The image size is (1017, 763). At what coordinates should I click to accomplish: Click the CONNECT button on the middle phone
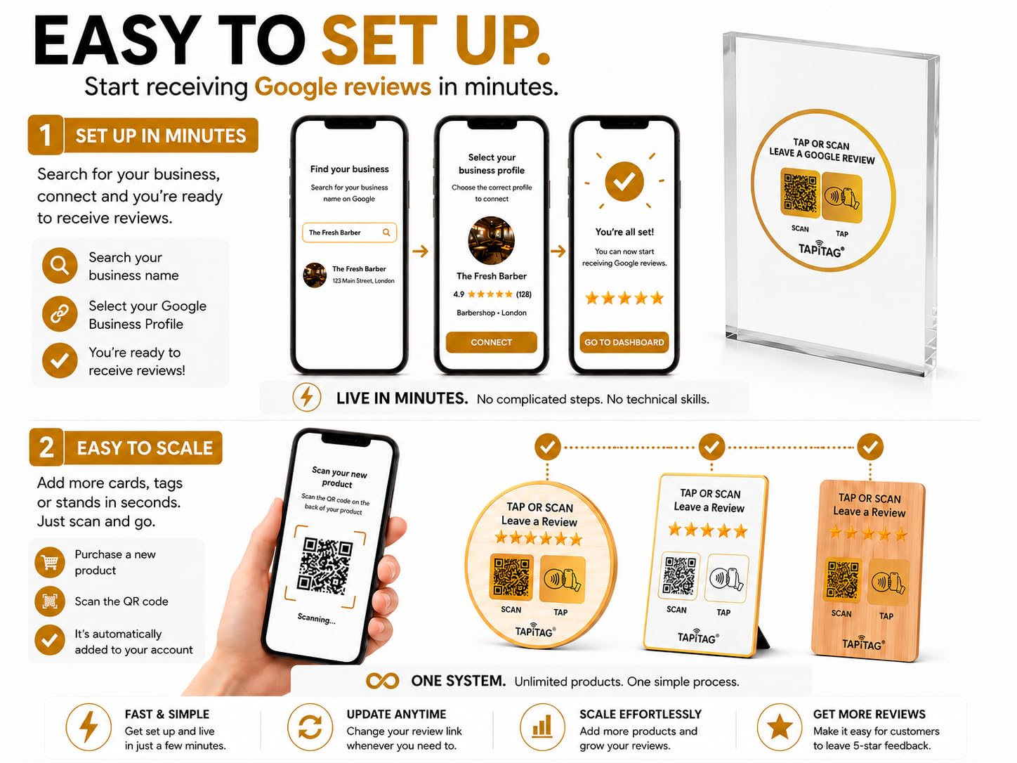[x=491, y=342]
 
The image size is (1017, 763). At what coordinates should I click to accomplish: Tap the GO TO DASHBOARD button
[x=624, y=342]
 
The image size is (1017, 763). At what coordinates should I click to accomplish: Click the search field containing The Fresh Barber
[x=349, y=233]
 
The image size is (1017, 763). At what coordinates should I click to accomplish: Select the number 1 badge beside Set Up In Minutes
[x=46, y=135]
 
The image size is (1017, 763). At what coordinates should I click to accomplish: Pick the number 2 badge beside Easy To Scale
[x=46, y=447]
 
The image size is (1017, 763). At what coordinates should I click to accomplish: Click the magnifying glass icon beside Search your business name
[x=60, y=266]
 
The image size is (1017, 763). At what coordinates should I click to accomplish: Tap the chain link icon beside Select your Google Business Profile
[x=60, y=314]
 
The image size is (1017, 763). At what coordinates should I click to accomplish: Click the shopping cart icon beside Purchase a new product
[x=50, y=562]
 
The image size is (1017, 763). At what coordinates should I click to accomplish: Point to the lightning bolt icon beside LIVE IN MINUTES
[x=307, y=398]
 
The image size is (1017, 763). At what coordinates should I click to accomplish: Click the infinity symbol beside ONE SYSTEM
[x=382, y=681]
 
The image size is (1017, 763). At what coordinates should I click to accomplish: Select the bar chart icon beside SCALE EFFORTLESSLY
[x=542, y=727]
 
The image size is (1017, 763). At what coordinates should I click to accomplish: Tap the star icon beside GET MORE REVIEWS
[x=780, y=727]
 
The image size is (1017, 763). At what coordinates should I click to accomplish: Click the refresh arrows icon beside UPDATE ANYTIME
[x=310, y=727]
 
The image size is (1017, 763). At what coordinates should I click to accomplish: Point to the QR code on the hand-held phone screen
[x=325, y=566]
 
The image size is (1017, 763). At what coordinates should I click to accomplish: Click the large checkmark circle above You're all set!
[x=624, y=181]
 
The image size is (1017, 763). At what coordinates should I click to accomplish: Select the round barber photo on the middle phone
[x=491, y=240]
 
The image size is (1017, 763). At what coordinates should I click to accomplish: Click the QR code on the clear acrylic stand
[x=800, y=193]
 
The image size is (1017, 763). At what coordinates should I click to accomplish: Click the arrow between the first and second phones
[x=420, y=252]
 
